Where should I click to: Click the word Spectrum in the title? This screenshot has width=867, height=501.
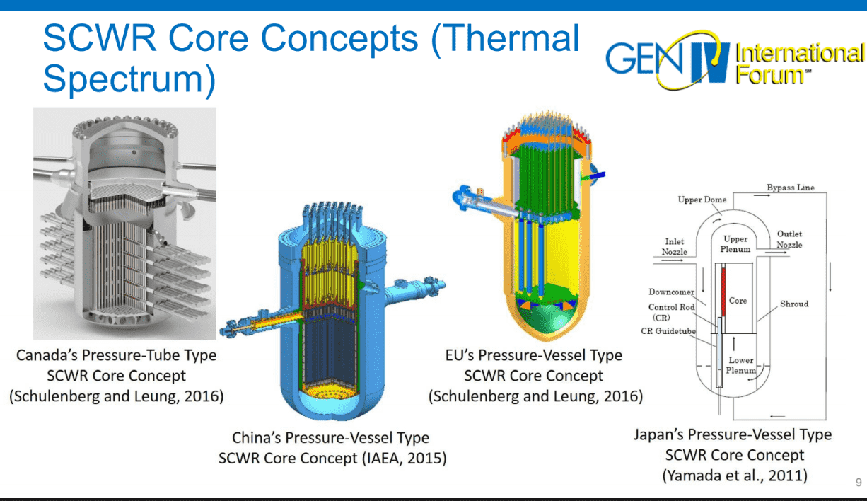tap(129, 79)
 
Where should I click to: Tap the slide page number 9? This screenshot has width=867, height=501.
tap(858, 483)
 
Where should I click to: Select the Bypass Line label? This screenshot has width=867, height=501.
tap(791, 188)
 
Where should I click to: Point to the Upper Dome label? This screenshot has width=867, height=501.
tap(702, 200)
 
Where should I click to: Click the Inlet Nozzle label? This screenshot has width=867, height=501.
tap(674, 246)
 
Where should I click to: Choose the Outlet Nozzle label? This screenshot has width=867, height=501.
tap(789, 239)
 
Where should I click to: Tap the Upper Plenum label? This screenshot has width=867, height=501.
tap(735, 244)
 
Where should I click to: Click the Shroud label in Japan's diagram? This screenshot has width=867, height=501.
tap(793, 304)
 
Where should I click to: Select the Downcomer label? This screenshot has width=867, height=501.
tap(673, 292)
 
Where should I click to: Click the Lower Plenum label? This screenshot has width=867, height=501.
tap(741, 365)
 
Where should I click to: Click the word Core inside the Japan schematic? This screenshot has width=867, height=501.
tap(738, 301)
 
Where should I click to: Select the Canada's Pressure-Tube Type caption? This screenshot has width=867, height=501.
tap(116, 355)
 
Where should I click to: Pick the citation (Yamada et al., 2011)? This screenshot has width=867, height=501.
tap(734, 475)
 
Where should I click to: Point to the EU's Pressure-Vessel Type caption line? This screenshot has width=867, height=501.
tap(535, 355)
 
